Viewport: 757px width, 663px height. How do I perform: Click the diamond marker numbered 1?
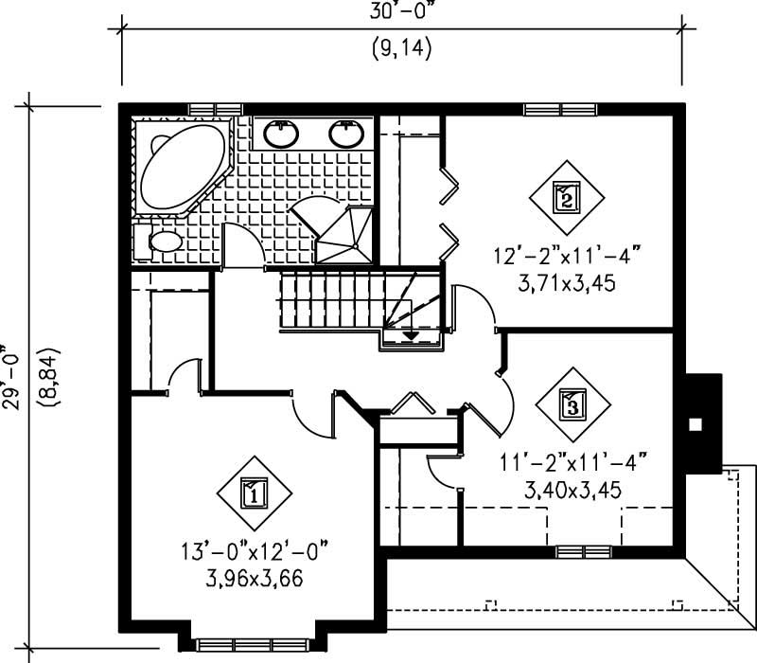pos(255,493)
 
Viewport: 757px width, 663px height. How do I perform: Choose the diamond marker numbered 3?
pos(572,404)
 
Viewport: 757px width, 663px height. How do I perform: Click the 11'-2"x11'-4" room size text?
pos(572,464)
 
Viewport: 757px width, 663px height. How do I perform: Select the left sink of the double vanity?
pos(282,134)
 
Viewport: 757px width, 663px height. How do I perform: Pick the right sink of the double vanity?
pos(346,134)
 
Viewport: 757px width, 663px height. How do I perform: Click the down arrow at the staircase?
pos(412,334)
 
